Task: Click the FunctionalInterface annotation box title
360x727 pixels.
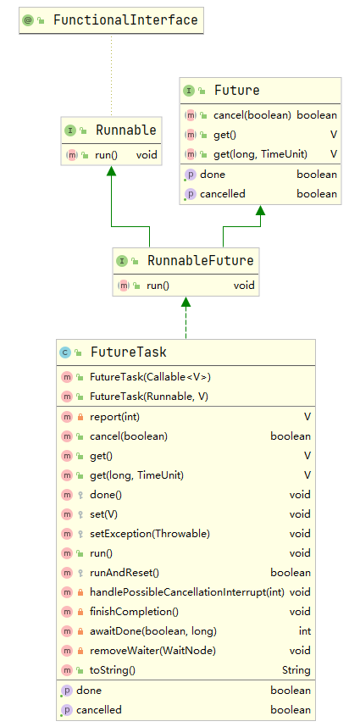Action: pos(125,19)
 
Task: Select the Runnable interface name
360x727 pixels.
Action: pos(125,130)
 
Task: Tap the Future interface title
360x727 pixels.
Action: pos(236,91)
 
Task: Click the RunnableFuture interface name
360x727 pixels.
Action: pos(200,260)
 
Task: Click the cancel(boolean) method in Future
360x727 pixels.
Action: pos(252,115)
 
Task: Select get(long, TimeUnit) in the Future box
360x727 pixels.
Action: pos(260,153)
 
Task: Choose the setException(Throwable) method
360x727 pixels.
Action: pos(149,534)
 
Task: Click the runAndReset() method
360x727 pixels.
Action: pos(124,573)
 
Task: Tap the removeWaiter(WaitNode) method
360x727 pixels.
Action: pos(141,651)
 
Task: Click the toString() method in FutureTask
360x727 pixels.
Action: pos(112,670)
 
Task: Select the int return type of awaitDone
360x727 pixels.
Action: pos(304,631)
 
